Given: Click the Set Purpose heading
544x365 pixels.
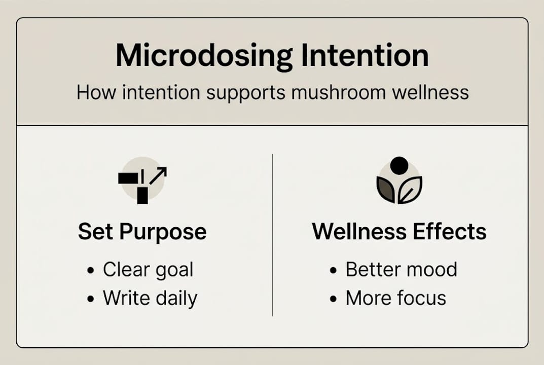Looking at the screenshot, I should tap(142, 232).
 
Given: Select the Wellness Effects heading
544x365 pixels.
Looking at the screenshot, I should tap(399, 232).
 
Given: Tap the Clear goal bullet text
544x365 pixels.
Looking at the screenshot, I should tap(148, 270).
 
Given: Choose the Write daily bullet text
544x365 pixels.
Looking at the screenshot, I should tap(150, 298).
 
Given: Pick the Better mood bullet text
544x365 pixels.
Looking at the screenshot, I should tap(401, 270).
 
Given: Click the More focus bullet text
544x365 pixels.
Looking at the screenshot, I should tap(395, 298).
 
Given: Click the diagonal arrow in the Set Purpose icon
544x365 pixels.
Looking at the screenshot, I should tap(158, 175).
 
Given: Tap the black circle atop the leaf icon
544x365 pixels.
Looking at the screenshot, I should tap(399, 166).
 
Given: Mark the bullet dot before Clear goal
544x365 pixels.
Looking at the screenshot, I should tap(91, 271).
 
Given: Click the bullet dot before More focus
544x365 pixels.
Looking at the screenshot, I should tap(333, 299).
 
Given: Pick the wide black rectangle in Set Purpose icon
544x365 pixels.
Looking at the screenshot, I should tap(128, 178).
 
